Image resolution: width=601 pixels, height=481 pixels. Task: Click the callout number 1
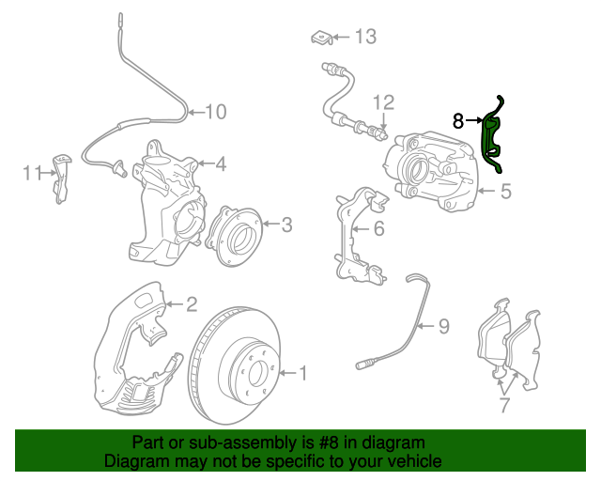click(302, 373)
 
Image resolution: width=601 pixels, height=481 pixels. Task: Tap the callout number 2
click(191, 303)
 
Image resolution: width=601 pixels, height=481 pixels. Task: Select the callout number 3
click(286, 224)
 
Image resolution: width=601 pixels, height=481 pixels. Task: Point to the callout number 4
click(221, 164)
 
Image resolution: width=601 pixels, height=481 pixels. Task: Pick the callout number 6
click(378, 228)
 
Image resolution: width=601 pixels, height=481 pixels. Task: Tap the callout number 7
click(504, 405)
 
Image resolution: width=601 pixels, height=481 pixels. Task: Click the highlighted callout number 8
click(458, 120)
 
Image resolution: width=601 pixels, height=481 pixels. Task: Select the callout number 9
click(443, 326)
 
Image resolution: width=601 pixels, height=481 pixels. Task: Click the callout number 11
click(33, 173)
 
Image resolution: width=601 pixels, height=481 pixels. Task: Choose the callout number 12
click(383, 101)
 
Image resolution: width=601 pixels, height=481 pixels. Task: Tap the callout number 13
click(364, 37)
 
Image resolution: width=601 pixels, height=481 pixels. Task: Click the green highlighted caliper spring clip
click(491, 136)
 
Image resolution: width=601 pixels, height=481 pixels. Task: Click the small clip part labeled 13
click(321, 37)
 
